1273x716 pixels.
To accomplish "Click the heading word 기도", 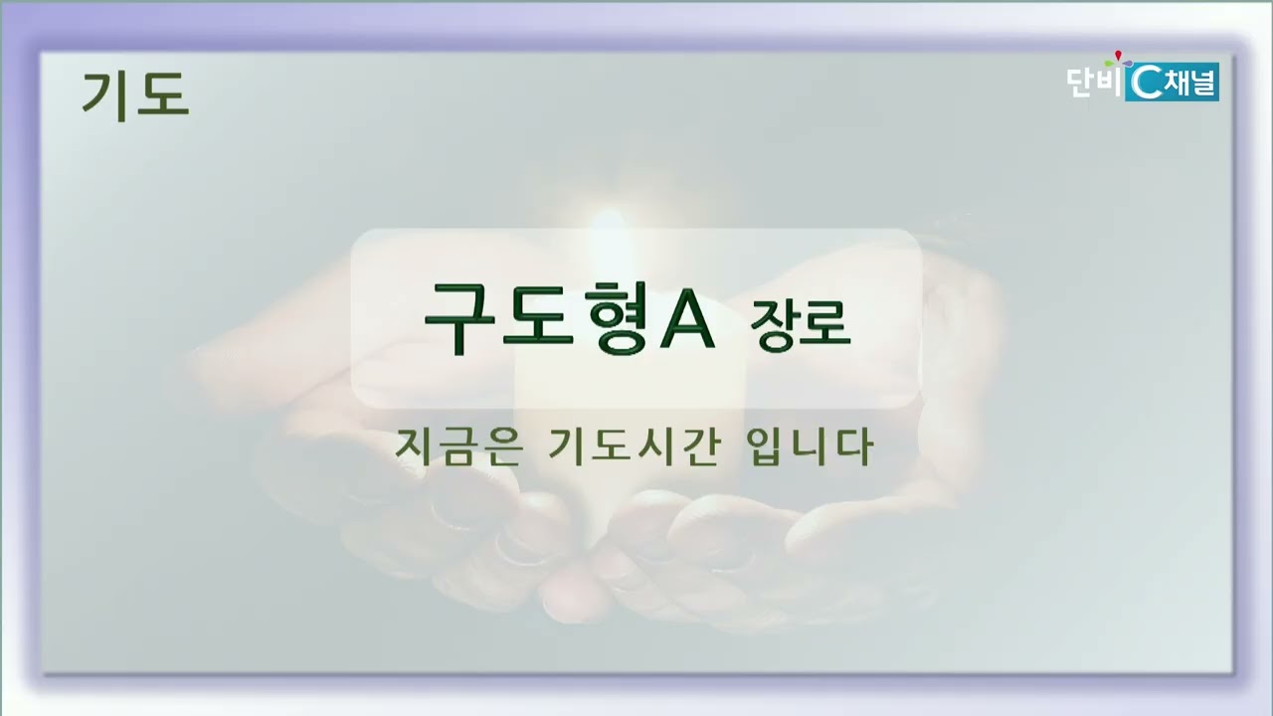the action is [135, 95].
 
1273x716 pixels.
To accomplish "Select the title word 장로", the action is [801, 323].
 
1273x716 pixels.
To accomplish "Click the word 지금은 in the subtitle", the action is [458, 447].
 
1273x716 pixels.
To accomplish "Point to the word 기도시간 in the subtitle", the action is [635, 447].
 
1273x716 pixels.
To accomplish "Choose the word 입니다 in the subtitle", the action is [810, 447].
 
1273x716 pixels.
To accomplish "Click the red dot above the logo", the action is [1119, 55].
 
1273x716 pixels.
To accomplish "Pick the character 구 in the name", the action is [459, 318].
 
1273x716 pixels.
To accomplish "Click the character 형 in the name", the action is [617, 318].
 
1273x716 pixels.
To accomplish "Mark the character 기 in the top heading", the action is [105, 95].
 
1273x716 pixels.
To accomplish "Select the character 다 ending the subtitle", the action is [854, 447].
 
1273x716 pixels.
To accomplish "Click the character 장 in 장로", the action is [774, 324].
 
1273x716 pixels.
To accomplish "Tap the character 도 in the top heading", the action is [165, 94].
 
